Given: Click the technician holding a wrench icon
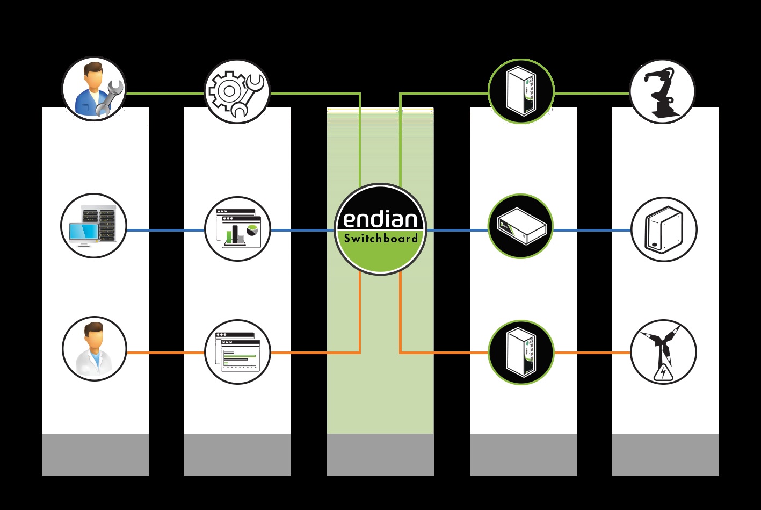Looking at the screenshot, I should [94, 90].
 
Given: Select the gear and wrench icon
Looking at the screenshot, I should [237, 91].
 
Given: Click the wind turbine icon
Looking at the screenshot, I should [663, 352].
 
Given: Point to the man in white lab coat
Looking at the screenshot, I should [94, 349].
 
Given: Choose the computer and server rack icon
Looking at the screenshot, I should [94, 226].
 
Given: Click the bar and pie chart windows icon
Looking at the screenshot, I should [237, 229].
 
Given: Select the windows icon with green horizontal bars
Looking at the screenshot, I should [237, 352].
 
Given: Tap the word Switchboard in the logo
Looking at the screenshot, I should [381, 239].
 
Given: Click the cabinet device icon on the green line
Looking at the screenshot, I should [520, 91].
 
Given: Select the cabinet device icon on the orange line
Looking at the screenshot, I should [520, 352].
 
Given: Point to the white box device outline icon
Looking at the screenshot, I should [663, 229].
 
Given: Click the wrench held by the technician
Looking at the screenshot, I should [111, 97].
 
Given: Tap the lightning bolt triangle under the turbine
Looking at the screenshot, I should [664, 372].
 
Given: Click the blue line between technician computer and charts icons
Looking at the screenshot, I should [165, 231].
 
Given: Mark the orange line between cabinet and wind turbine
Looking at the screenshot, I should [591, 353].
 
